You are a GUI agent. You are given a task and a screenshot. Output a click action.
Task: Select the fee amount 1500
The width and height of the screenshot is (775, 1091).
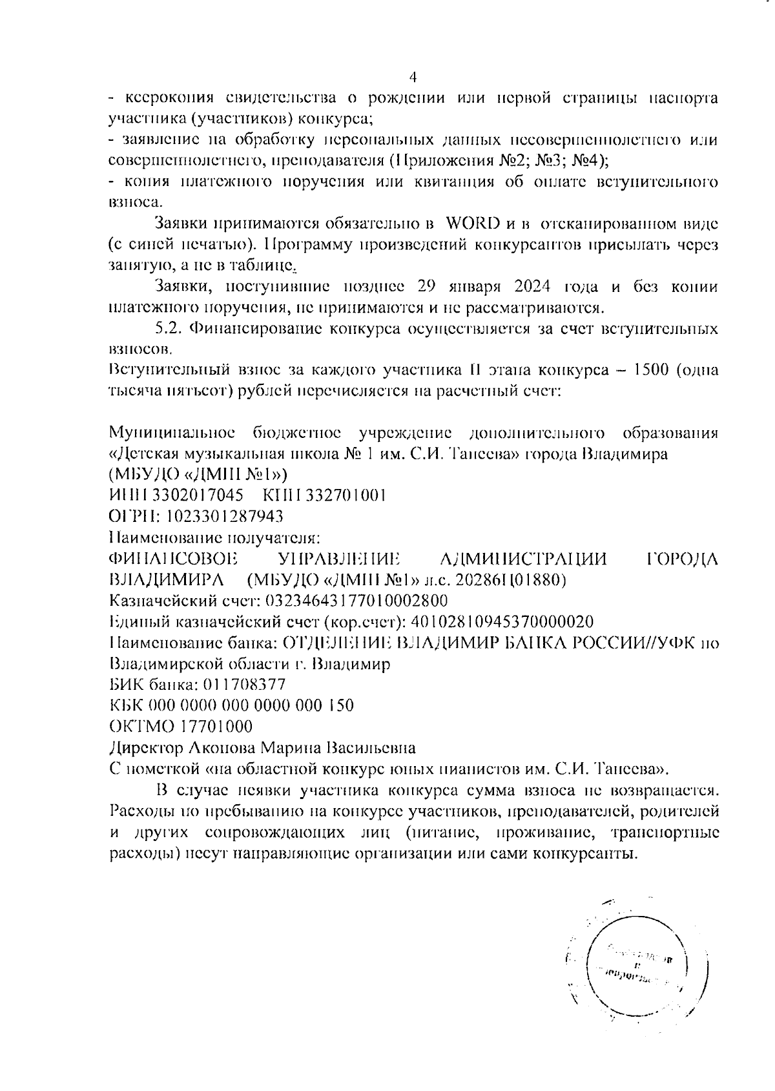(x=654, y=371)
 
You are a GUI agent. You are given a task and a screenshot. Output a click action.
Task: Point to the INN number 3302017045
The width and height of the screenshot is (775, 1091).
(x=205, y=495)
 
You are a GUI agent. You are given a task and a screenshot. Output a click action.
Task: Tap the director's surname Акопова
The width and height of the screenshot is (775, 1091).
(x=222, y=748)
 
